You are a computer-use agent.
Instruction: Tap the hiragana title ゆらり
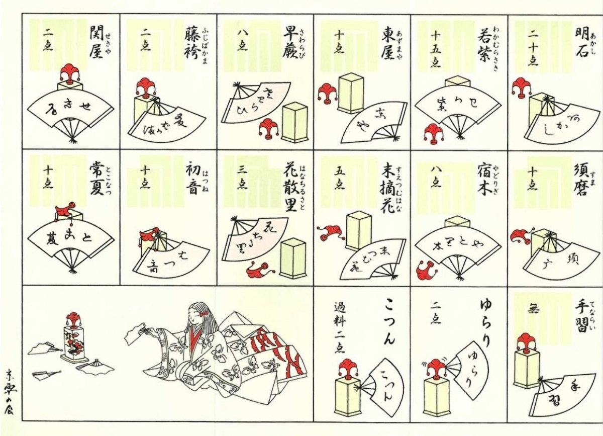pos(485,316)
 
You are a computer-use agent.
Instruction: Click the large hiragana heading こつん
pos(388,321)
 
